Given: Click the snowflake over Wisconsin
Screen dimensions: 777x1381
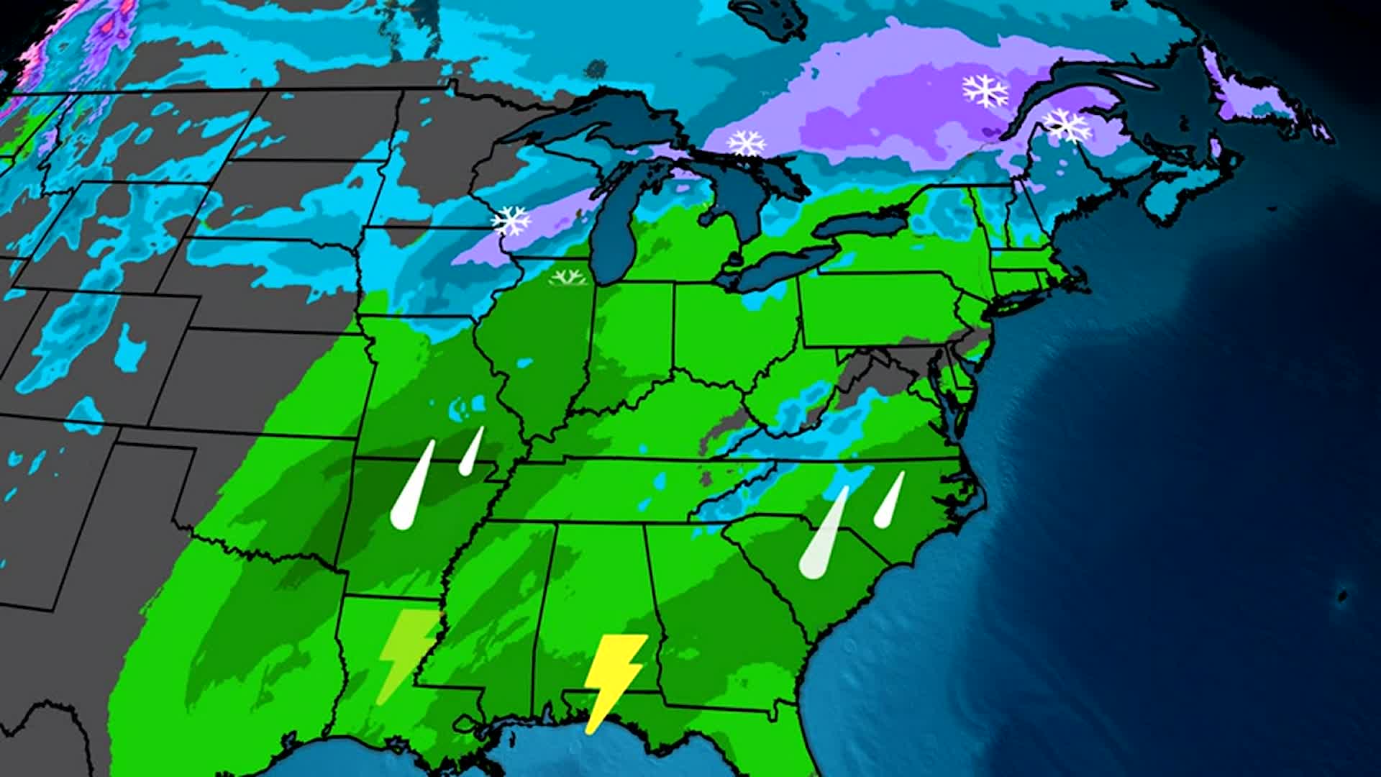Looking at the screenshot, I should pyautogui.click(x=511, y=220).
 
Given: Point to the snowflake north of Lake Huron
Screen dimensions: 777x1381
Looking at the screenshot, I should pyautogui.click(x=747, y=142).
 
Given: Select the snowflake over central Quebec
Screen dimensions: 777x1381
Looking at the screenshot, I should pyautogui.click(x=985, y=91).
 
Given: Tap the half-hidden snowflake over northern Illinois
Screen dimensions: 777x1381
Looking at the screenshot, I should pyautogui.click(x=568, y=278).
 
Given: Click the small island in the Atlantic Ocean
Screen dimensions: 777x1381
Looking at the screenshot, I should pyautogui.click(x=1342, y=596).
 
